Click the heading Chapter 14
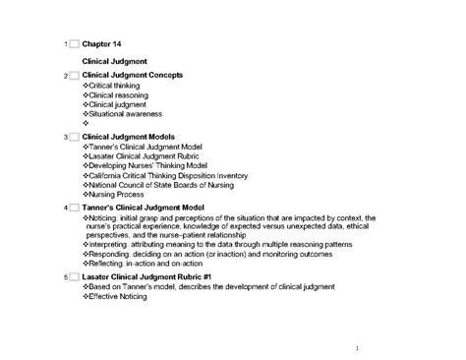102,45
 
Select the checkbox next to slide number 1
74,45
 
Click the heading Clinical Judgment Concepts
132,75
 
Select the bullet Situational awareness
125,114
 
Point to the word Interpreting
111,245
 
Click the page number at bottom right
359,348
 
